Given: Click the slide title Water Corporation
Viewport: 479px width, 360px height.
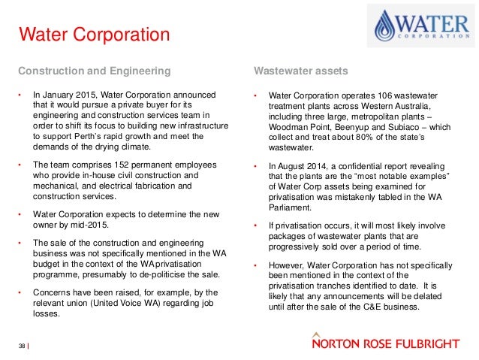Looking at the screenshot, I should tap(94, 35).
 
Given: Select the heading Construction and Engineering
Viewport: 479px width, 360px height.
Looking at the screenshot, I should tap(93, 71).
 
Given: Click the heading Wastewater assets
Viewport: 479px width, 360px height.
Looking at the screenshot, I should tap(300, 71).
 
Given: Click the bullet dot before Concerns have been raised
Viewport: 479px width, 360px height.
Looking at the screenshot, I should tap(21, 291).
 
